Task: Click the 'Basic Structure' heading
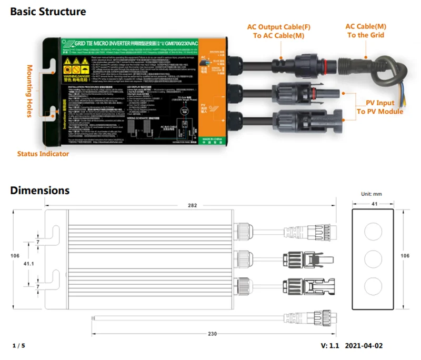pyautogui.click(x=48, y=11)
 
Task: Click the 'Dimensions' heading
pyautogui.click(x=39, y=191)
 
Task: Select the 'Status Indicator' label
pyautogui.click(x=43, y=154)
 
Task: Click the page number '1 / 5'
pyautogui.click(x=18, y=345)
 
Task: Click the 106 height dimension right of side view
pyautogui.click(x=406, y=256)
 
